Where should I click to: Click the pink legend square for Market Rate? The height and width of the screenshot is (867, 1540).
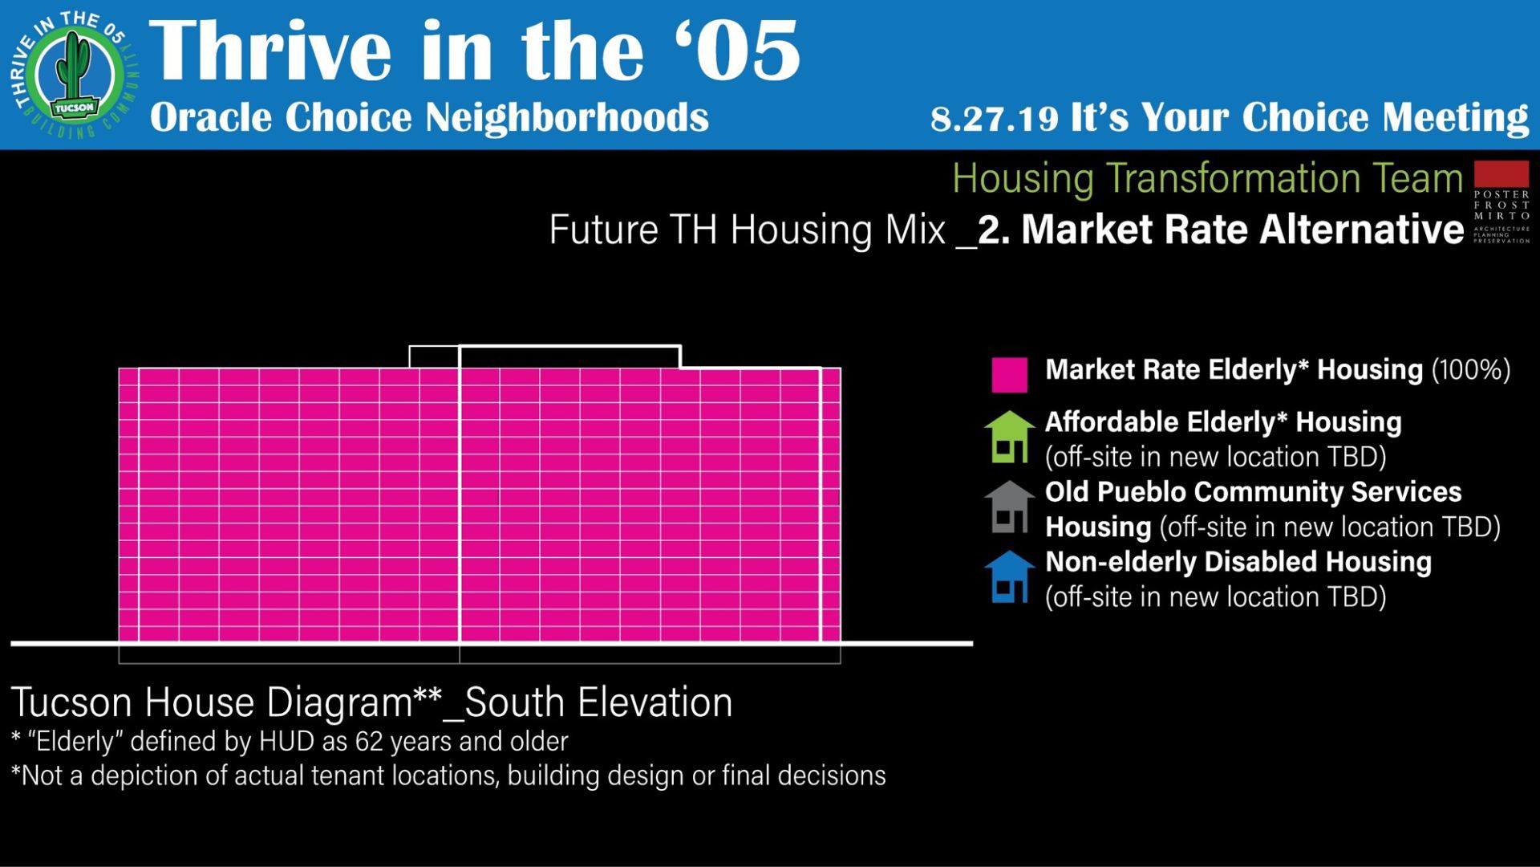click(1009, 375)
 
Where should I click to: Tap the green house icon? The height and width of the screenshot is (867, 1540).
click(1009, 437)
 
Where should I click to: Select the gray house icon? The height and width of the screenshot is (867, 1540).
click(1009, 507)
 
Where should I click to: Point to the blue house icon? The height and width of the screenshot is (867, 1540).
click(1009, 576)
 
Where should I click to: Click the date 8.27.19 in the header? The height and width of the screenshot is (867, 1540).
click(995, 119)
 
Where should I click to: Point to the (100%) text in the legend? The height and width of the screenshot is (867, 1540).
click(1471, 370)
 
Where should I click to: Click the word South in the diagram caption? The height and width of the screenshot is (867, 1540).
click(516, 702)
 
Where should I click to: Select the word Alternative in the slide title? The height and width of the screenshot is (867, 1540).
click(1362, 230)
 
